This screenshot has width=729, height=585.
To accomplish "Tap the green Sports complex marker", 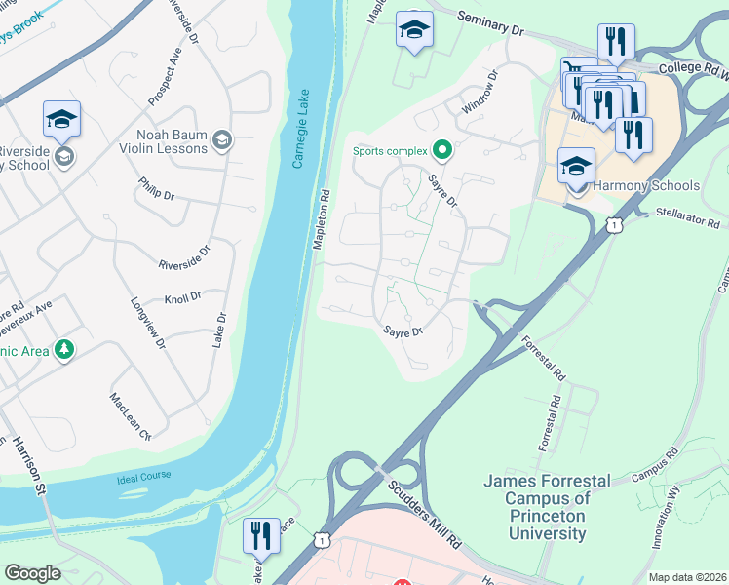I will (441, 150).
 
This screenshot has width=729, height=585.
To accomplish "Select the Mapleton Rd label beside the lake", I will (319, 219).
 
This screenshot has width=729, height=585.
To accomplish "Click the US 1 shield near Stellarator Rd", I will (613, 225).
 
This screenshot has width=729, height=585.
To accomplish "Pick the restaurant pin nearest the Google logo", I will (261, 535).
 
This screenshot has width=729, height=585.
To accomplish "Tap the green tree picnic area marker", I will (64, 349).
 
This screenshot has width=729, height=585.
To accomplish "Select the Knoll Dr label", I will (183, 296).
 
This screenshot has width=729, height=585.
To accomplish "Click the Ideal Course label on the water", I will (143, 476).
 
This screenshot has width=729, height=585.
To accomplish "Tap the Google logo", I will (32, 573).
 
